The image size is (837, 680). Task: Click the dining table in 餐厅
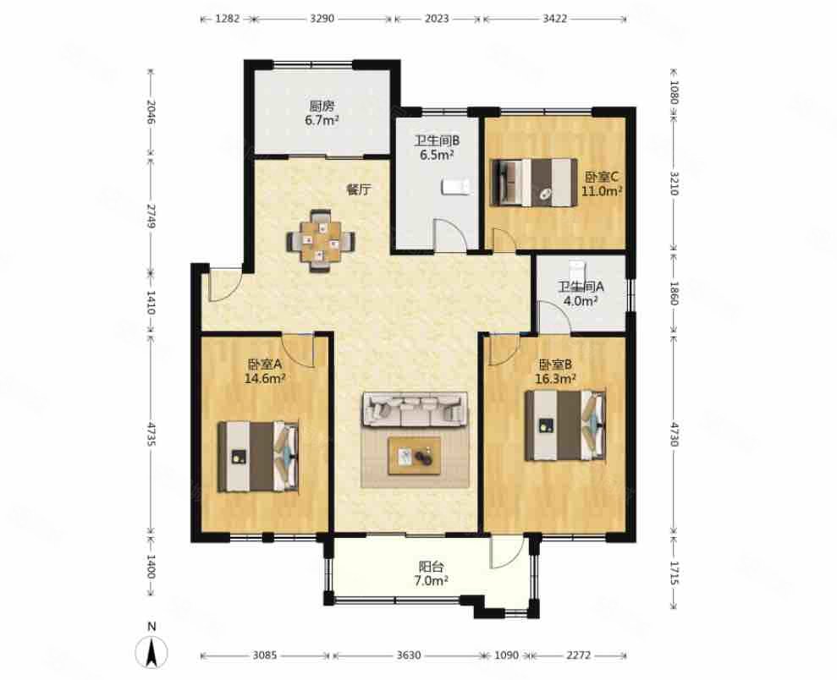tap(322, 242)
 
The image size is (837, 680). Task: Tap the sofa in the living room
tap(415, 409)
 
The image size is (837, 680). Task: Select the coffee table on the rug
tap(414, 456)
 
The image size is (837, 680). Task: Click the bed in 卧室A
tap(258, 456)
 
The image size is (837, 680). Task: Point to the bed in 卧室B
tap(565, 425)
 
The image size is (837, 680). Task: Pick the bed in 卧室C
tap(535, 182)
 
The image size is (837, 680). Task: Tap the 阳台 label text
tap(431, 568)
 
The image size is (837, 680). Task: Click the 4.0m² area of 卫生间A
tap(581, 301)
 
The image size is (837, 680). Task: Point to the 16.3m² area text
tap(555, 379)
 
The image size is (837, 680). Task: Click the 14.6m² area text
tap(264, 379)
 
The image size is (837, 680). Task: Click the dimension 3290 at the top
tap(322, 19)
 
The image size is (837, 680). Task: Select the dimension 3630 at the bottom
tap(409, 655)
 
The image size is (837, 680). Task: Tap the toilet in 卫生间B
tap(455, 187)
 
